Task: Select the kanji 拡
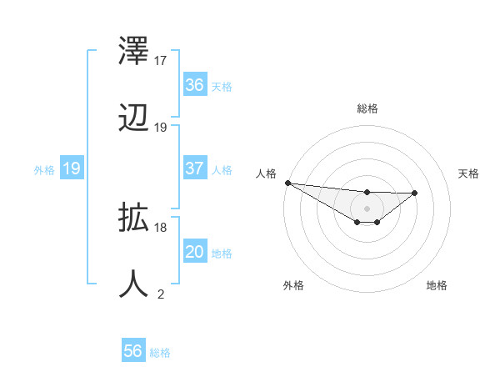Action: point(134,219)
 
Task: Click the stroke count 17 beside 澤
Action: point(161,61)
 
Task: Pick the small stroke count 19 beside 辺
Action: point(161,128)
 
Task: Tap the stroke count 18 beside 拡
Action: point(161,227)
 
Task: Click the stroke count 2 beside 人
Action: point(161,294)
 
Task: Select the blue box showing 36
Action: point(195,85)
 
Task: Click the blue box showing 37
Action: point(195,168)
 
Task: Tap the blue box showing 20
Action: point(195,252)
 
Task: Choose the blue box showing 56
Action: point(133,351)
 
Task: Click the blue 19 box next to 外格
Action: point(72,168)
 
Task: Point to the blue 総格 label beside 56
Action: point(160,353)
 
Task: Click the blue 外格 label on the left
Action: point(44,170)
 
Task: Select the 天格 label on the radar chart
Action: point(469,173)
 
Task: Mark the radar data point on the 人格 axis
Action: point(287,183)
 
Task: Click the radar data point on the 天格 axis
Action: point(415,193)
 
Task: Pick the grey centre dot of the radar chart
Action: point(367,208)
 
